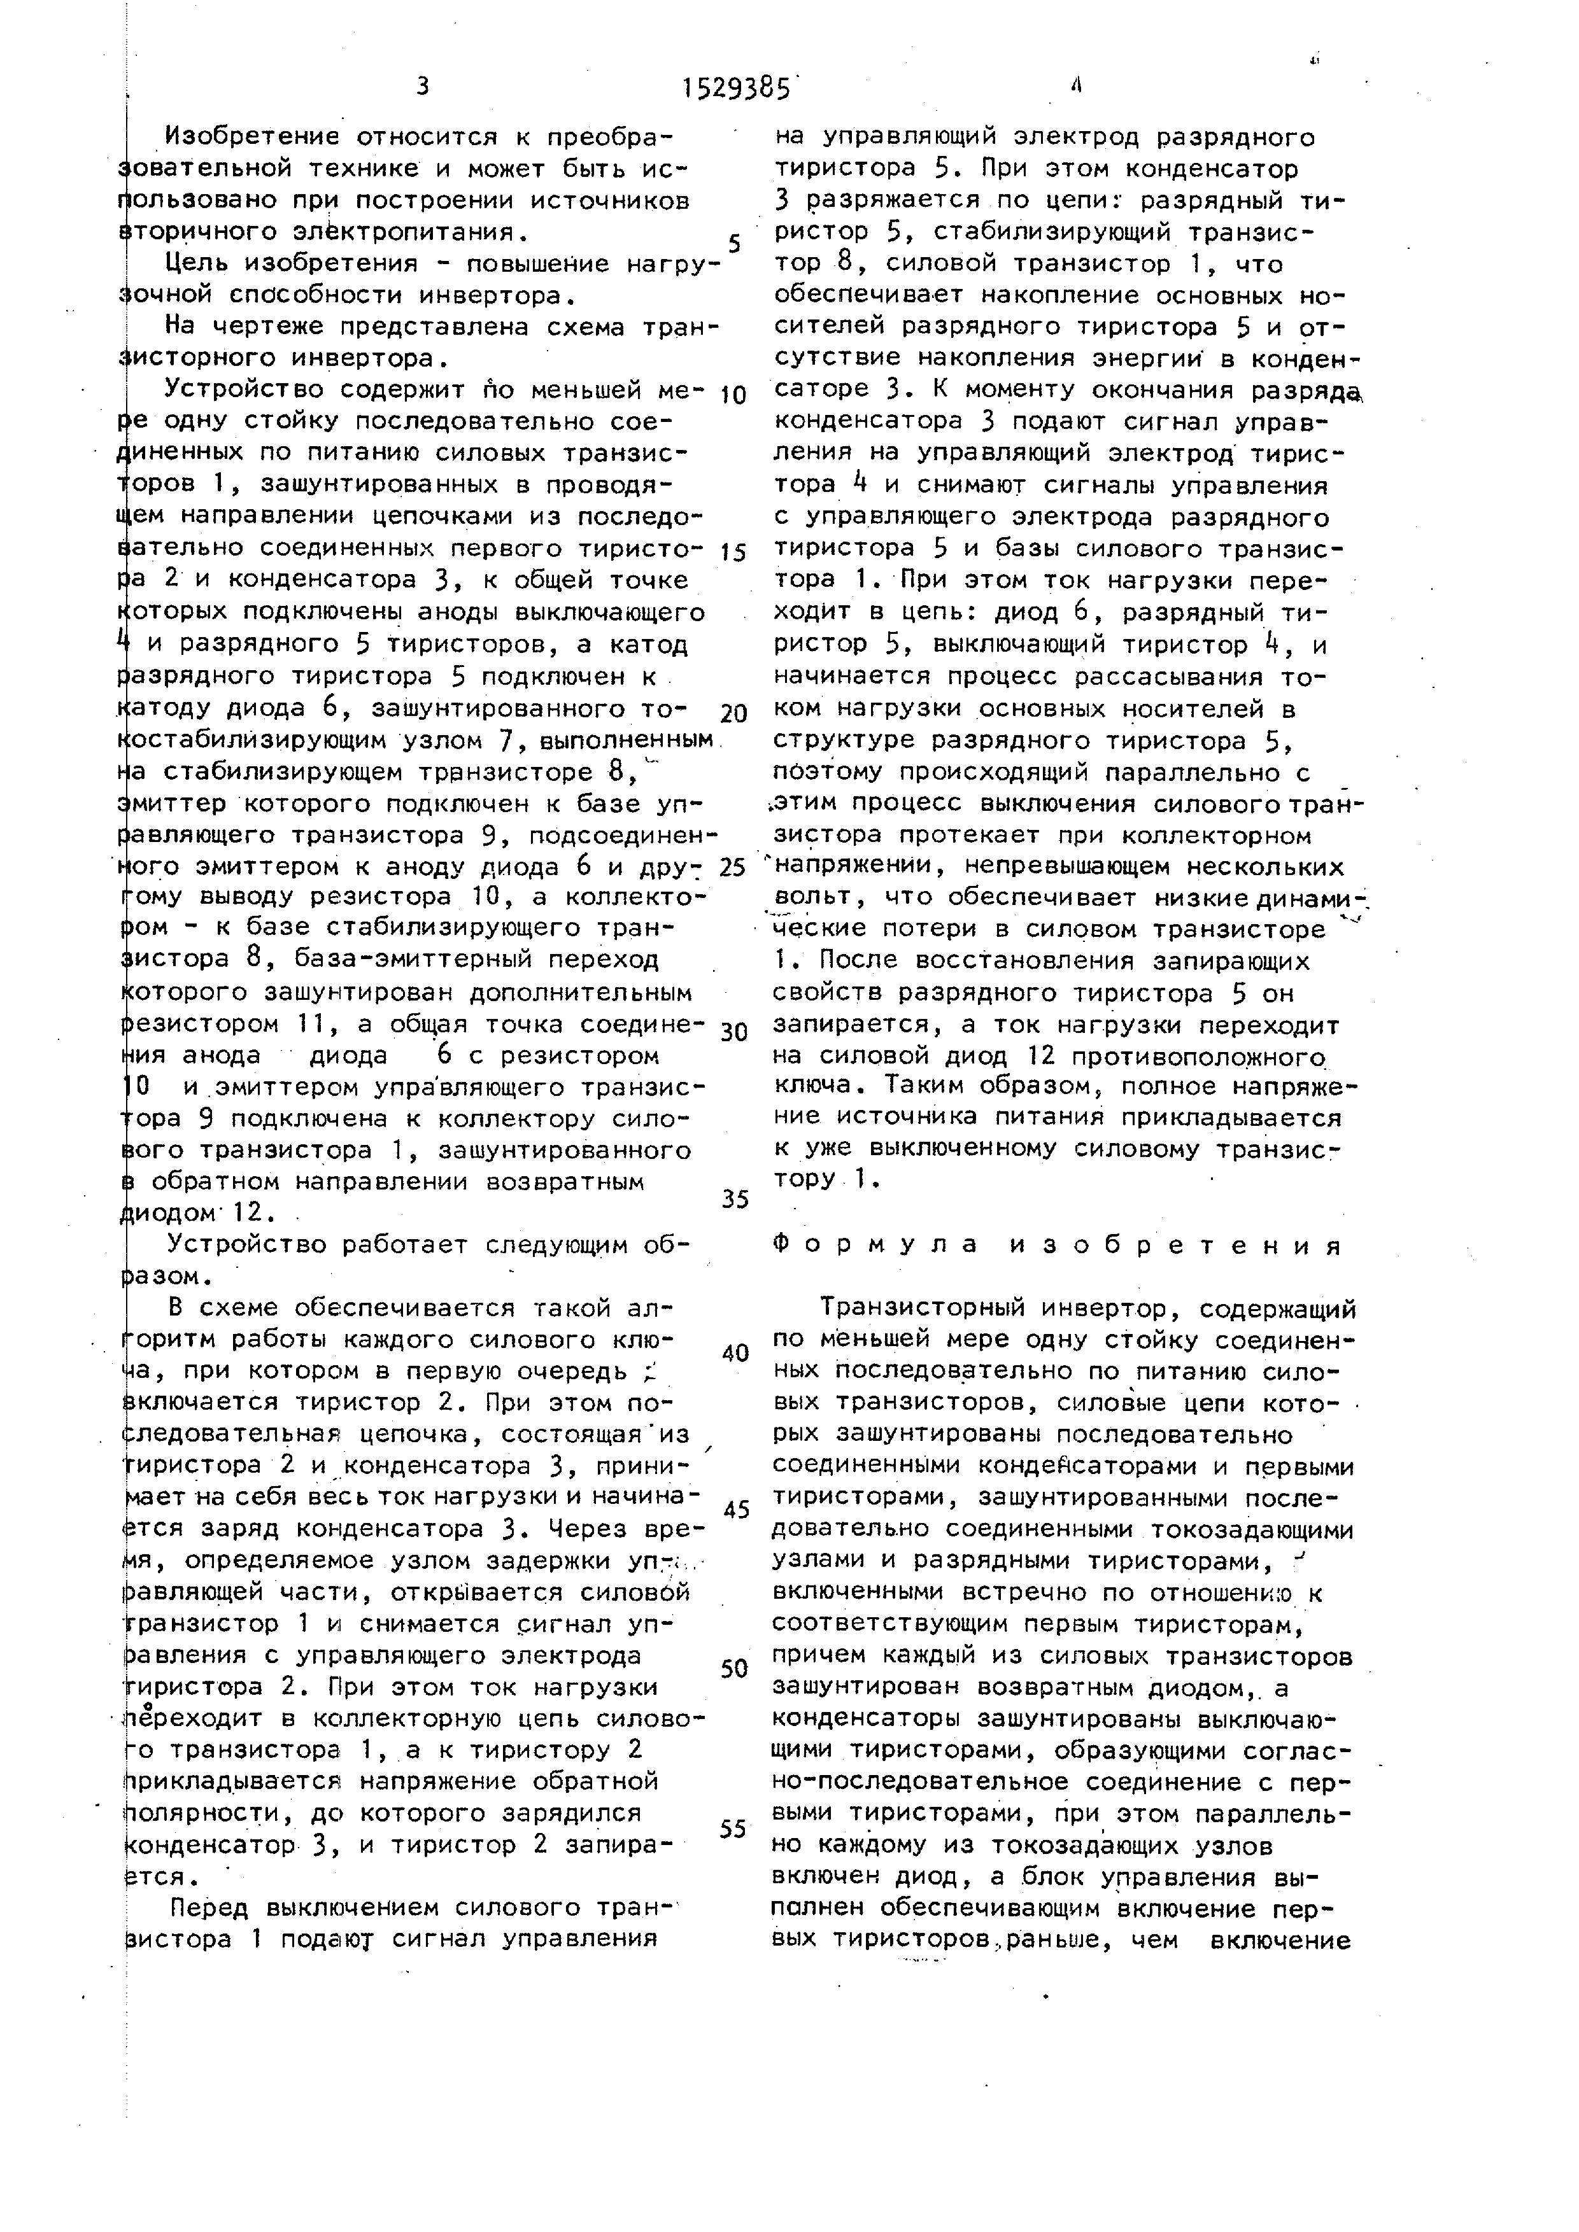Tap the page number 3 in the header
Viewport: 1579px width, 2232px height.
pyautogui.click(x=422, y=87)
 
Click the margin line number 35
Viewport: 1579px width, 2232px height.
pyautogui.click(x=735, y=1200)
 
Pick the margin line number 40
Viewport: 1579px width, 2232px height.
pyautogui.click(x=735, y=1353)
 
